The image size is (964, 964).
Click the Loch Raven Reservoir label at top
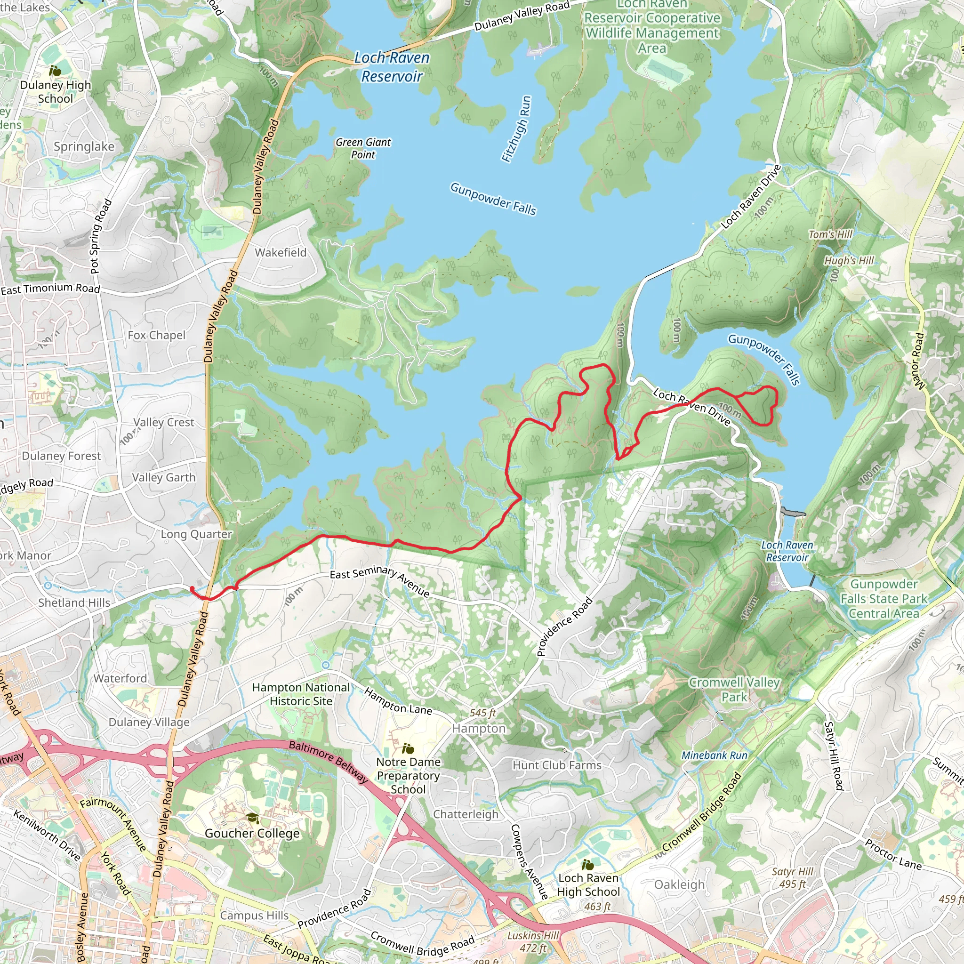(x=392, y=67)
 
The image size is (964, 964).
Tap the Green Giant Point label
(x=363, y=148)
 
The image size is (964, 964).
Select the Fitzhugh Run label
(x=516, y=129)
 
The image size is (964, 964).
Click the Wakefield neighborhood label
(x=281, y=252)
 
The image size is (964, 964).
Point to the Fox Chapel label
(x=156, y=335)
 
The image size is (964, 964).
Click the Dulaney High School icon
(x=55, y=71)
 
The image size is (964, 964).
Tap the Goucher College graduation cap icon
(x=252, y=818)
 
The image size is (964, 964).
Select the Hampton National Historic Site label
(x=301, y=694)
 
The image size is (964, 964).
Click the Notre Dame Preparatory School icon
(x=408, y=748)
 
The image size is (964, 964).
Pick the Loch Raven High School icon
(x=588, y=864)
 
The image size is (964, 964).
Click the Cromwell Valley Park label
(x=734, y=690)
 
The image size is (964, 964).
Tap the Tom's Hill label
(x=830, y=234)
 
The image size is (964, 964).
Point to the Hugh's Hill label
(x=849, y=260)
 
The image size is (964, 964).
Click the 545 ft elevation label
(x=482, y=713)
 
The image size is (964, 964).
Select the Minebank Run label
(x=714, y=755)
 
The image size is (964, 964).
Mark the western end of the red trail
(x=192, y=589)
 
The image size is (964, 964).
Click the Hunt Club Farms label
(x=557, y=765)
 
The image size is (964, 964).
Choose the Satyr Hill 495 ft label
(x=792, y=878)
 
